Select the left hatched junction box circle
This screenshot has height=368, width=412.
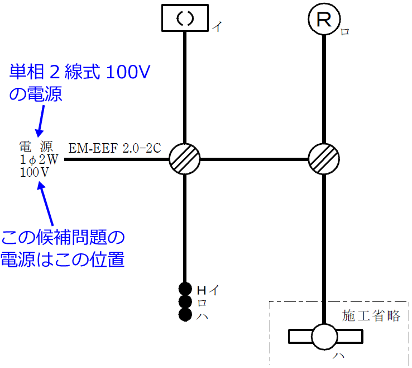185,159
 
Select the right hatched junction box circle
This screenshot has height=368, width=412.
324,159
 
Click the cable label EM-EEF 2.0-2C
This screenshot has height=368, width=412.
114,148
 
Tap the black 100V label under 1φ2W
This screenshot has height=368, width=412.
35,172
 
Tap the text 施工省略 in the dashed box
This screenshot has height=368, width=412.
371,316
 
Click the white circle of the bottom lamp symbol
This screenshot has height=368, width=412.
324,337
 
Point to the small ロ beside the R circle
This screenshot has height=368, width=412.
345,32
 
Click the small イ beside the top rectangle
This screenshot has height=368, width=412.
215,27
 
